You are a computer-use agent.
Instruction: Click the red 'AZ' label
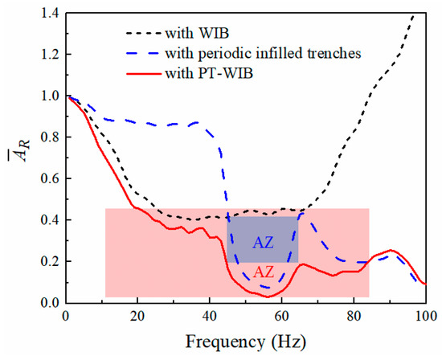point(263,272)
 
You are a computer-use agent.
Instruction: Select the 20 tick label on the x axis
point(137,316)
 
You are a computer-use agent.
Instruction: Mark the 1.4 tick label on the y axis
point(49,12)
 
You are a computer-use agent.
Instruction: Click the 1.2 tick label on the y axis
point(49,54)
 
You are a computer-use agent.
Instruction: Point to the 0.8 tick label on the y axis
point(49,137)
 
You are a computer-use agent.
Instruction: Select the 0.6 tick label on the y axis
point(49,178)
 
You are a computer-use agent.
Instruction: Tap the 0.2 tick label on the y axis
point(49,261)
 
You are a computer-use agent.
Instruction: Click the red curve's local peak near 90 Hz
point(391,251)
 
